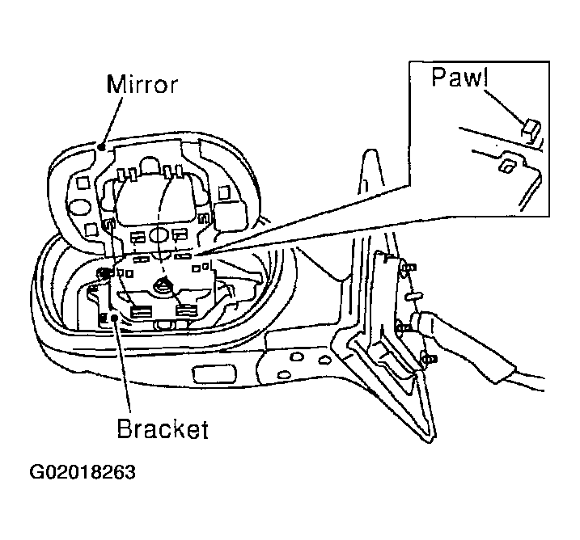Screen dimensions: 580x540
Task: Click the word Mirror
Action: point(142,84)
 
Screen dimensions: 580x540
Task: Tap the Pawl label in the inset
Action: point(460,77)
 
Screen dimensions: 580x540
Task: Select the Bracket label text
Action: point(163,428)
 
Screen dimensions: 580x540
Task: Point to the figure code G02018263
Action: point(83,472)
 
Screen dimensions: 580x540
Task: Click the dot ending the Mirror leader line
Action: point(101,147)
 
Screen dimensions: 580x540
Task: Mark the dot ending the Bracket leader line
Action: point(114,317)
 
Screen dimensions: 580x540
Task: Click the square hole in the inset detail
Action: point(505,165)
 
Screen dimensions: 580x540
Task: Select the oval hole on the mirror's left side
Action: point(79,208)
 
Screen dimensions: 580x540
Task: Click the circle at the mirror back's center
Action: point(159,235)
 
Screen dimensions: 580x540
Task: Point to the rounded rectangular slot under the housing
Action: point(214,373)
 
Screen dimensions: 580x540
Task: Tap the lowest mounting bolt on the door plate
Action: point(429,358)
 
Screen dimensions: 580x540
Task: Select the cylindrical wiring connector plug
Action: point(421,320)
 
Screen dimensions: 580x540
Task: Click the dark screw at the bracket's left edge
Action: point(103,273)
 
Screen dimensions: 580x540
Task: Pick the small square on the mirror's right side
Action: point(223,192)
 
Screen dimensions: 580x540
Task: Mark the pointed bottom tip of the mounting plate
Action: point(430,441)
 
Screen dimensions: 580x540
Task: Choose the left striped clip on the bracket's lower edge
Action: point(142,311)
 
